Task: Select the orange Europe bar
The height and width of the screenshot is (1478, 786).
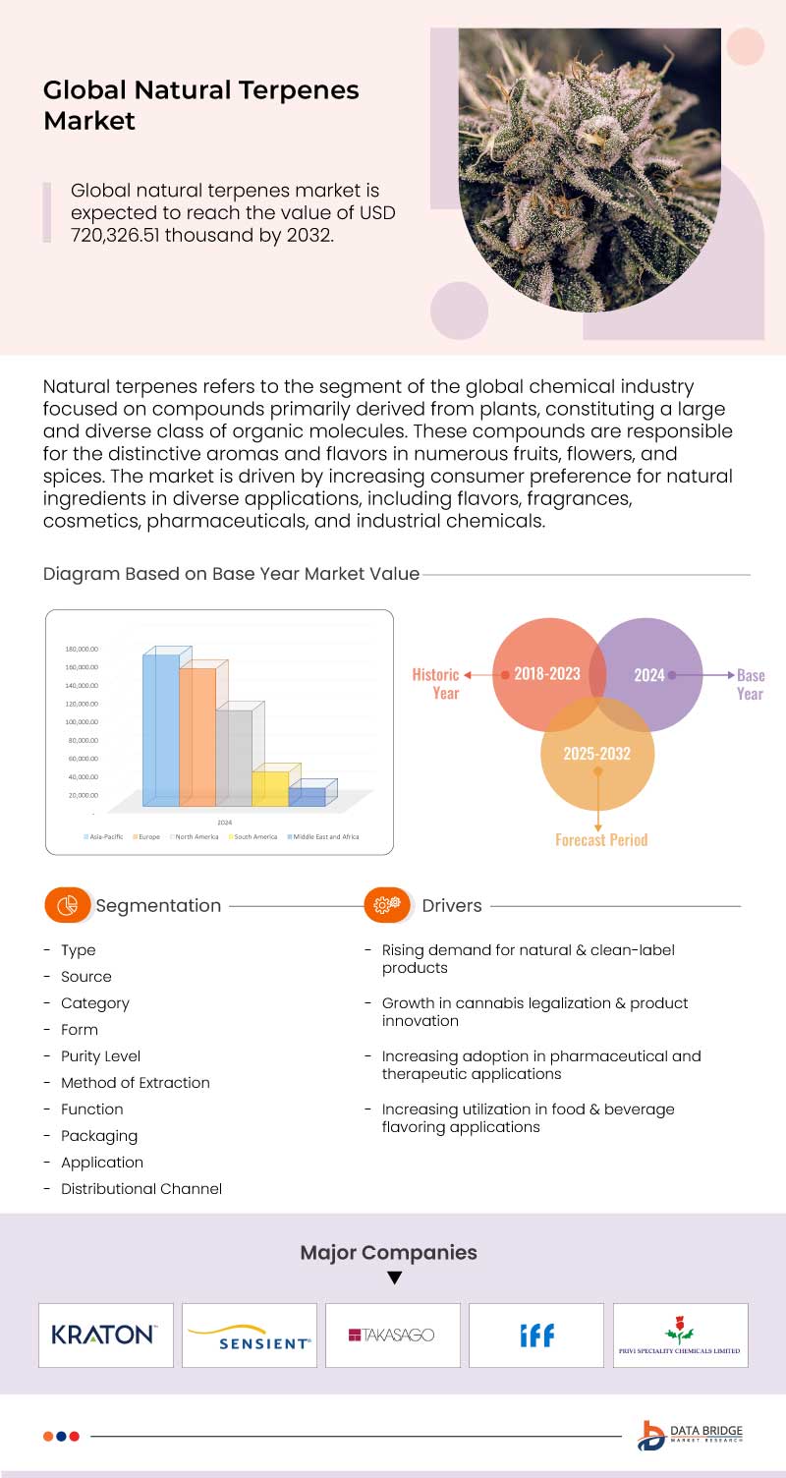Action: [x=197, y=737]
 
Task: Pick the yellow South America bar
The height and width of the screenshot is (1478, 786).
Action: [x=270, y=788]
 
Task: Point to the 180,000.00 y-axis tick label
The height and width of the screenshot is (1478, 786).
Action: [x=82, y=649]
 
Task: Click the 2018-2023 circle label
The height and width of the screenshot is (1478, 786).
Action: [x=547, y=675]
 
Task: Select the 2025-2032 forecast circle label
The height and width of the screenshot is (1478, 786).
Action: [x=596, y=754]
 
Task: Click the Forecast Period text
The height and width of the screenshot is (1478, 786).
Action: [x=601, y=840]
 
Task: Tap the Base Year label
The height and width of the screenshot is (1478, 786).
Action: [x=750, y=684]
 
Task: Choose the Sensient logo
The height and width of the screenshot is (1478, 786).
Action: [x=250, y=1336]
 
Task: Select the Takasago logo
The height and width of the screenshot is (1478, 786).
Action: [x=392, y=1335]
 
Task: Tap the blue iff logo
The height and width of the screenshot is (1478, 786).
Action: [x=536, y=1335]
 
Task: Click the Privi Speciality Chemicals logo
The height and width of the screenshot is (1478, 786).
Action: [x=680, y=1336]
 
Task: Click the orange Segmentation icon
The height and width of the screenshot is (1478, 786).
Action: [x=67, y=905]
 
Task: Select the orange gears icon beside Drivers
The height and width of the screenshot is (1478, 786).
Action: [x=387, y=905]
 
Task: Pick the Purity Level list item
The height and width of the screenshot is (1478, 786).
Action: [x=100, y=1056]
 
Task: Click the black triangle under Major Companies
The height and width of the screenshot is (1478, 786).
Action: [x=394, y=1279]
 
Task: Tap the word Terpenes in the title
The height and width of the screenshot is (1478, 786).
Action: [x=297, y=91]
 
